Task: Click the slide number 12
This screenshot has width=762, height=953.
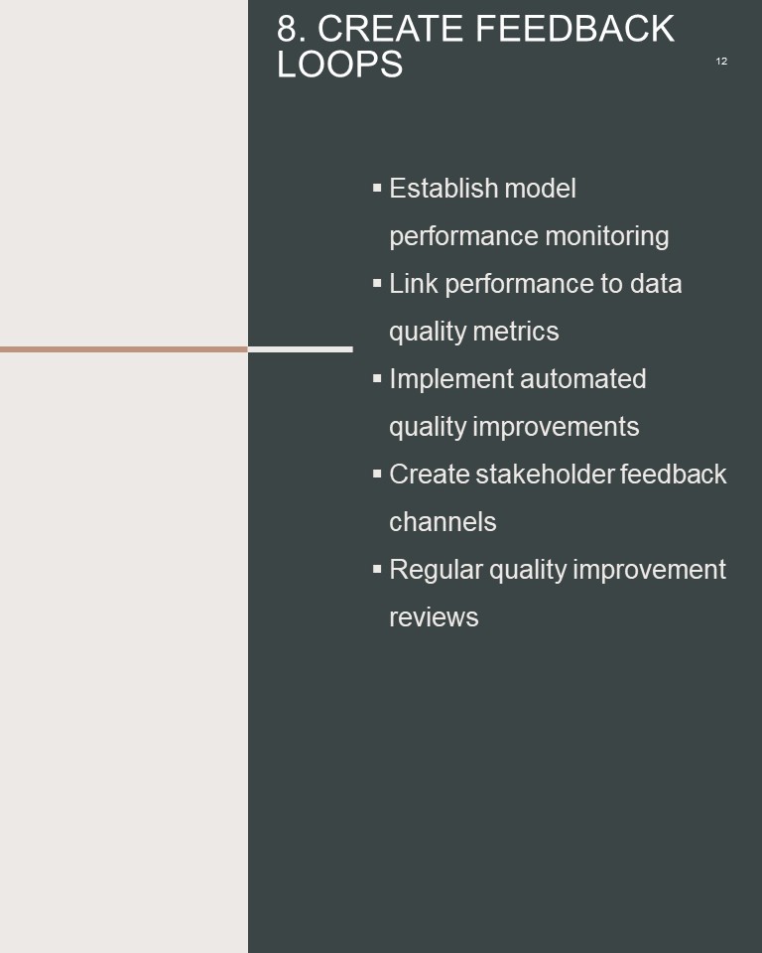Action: (x=721, y=61)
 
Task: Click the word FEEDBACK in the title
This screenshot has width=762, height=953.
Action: (x=574, y=29)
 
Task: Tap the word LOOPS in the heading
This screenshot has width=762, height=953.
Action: (x=339, y=64)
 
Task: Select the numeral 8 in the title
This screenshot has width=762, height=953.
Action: (x=288, y=29)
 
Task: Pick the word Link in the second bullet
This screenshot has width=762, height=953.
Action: (x=413, y=283)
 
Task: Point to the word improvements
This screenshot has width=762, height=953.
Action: (x=556, y=427)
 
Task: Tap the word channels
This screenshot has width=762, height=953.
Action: (x=443, y=522)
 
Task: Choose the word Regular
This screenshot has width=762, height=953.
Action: (x=436, y=570)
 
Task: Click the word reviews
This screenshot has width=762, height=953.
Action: (x=434, y=617)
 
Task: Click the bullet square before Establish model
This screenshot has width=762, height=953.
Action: (x=377, y=188)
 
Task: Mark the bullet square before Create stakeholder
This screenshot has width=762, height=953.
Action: (x=377, y=474)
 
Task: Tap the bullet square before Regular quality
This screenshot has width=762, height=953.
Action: (x=377, y=569)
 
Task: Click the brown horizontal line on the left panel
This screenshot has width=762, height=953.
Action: (x=124, y=349)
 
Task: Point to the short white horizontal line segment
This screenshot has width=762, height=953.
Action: (x=301, y=349)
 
